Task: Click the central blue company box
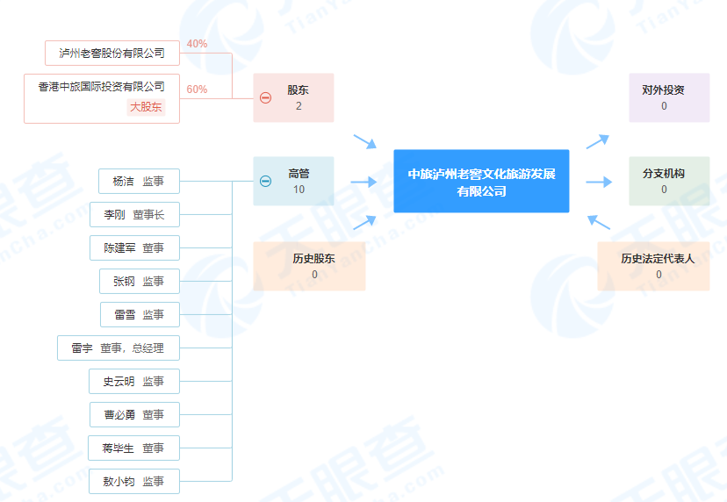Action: click(x=481, y=182)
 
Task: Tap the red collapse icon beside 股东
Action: click(x=266, y=97)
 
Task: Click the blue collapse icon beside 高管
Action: click(x=266, y=181)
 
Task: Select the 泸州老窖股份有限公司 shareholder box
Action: click(x=112, y=54)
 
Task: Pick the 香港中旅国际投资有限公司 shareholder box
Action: click(x=102, y=98)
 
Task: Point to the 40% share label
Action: click(x=197, y=44)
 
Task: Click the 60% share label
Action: click(x=197, y=90)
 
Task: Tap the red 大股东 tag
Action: click(x=146, y=107)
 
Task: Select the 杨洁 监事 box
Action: click(x=139, y=182)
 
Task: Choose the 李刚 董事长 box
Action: click(x=134, y=215)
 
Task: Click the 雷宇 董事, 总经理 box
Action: click(x=119, y=348)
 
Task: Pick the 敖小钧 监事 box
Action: click(x=134, y=482)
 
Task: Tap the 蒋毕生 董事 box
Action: click(x=134, y=448)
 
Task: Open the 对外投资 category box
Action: click(x=669, y=97)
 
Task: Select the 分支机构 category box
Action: click(x=669, y=182)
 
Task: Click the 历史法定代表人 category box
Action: click(x=653, y=267)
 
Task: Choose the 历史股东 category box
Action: click(x=309, y=267)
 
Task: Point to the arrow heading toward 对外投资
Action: click(x=598, y=141)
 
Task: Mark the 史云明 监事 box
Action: click(x=134, y=382)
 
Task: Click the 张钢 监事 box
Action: click(x=140, y=282)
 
